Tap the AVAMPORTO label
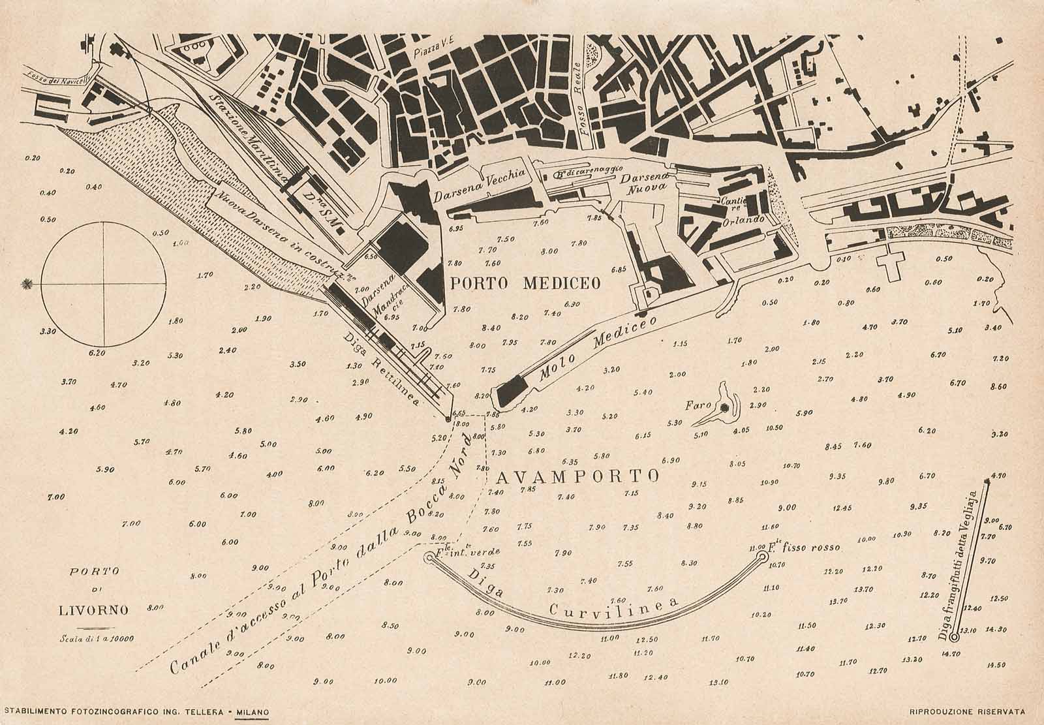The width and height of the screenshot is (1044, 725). pyautogui.click(x=571, y=476)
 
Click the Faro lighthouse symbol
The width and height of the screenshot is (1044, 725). pyautogui.click(x=724, y=408)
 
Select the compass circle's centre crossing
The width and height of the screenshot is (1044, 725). pyautogui.click(x=102, y=283)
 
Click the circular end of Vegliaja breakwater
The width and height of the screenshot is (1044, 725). pyautogui.click(x=954, y=637)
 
